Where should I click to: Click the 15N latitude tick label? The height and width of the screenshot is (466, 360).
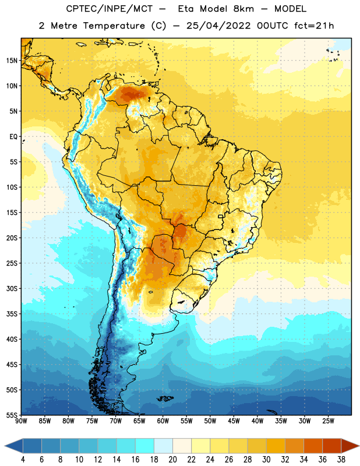click(x=12, y=61)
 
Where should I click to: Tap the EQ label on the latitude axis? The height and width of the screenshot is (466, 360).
click(x=13, y=137)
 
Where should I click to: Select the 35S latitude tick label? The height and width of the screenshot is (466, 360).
click(x=12, y=314)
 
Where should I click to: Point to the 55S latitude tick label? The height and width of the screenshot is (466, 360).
click(x=12, y=415)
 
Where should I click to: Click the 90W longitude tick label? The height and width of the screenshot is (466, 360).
click(x=21, y=421)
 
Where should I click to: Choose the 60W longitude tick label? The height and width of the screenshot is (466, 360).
click(x=163, y=421)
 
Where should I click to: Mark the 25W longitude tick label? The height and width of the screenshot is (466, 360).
click(x=328, y=421)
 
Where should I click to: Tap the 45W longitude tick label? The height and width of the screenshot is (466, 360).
click(x=234, y=421)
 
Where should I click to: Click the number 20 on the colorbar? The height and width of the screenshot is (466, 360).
click(x=172, y=460)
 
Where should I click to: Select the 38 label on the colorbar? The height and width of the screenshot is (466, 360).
click(x=341, y=460)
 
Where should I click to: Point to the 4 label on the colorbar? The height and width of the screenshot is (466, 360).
click(x=23, y=460)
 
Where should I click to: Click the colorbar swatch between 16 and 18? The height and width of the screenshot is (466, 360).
click(x=145, y=446)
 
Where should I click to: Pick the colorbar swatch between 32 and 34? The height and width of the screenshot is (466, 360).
click(x=295, y=446)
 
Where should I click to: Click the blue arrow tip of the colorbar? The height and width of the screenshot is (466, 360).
click(x=9, y=446)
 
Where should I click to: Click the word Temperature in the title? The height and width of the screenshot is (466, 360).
click(x=114, y=26)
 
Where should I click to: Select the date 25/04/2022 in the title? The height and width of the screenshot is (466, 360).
click(x=218, y=26)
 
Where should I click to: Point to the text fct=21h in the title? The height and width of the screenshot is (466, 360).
click(x=314, y=26)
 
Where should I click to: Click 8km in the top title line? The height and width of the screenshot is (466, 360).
click(x=243, y=9)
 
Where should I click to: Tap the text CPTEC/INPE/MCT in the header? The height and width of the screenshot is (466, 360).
click(x=109, y=9)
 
